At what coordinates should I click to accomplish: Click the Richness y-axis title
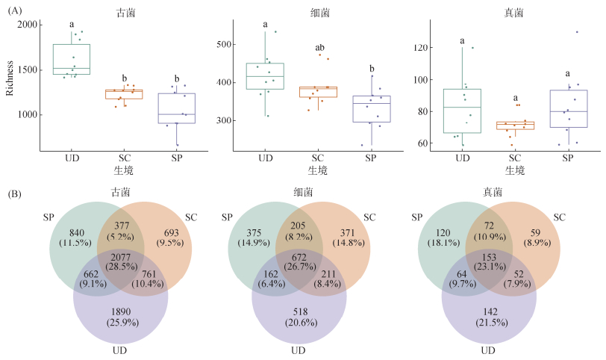tap(9, 78)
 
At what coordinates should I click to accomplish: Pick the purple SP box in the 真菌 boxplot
tap(568, 109)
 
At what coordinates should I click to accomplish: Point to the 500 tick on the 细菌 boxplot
tap(225, 44)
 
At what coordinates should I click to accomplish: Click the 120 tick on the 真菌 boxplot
tap(422, 48)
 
